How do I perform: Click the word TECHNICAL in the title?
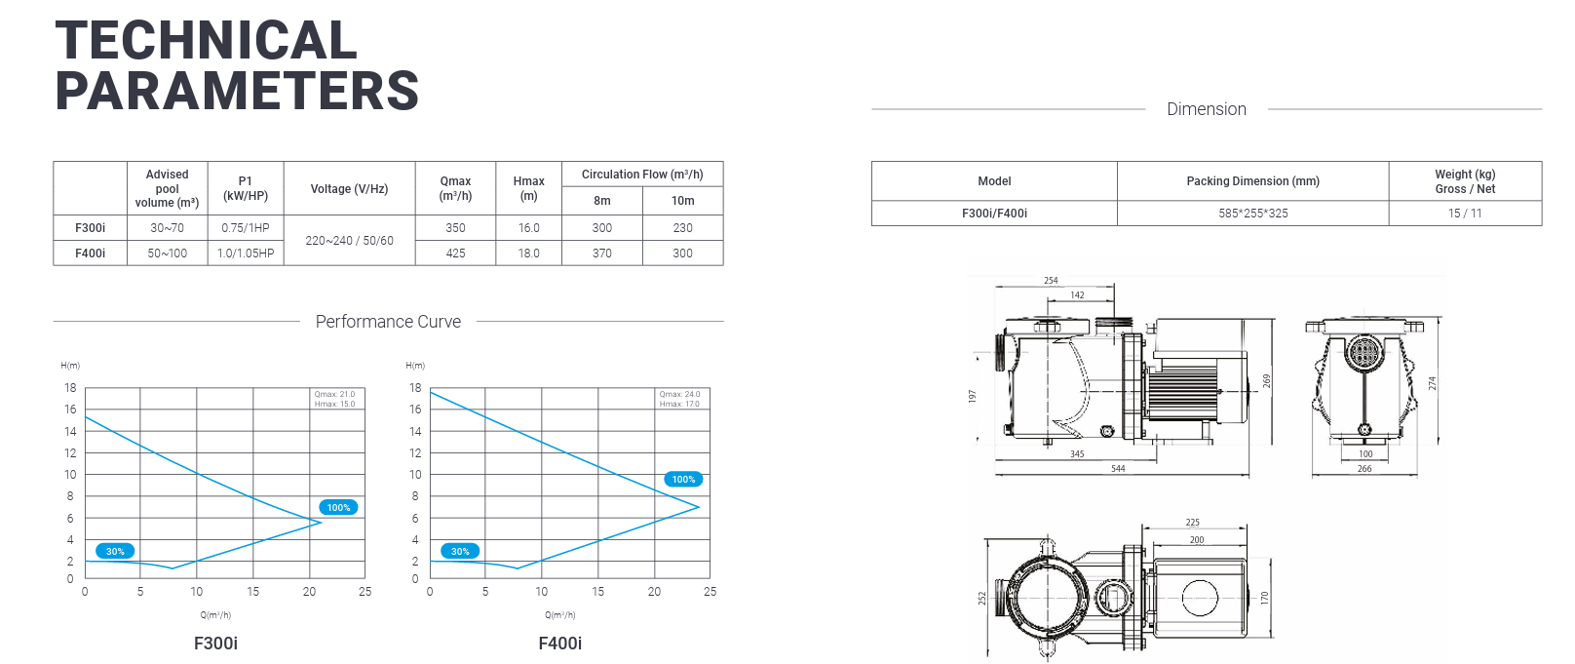coord(206,40)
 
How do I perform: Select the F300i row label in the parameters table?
coord(90,228)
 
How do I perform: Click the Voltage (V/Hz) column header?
coord(350,188)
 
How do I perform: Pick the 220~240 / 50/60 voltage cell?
coord(350,241)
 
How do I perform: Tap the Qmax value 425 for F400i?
coord(455,254)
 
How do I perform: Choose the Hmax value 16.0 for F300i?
coord(529,228)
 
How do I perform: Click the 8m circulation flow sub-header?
coord(602,201)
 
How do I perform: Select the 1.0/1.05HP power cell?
coord(246,254)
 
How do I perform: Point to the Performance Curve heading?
coord(388,322)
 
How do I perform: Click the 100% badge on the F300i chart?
coord(338,507)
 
